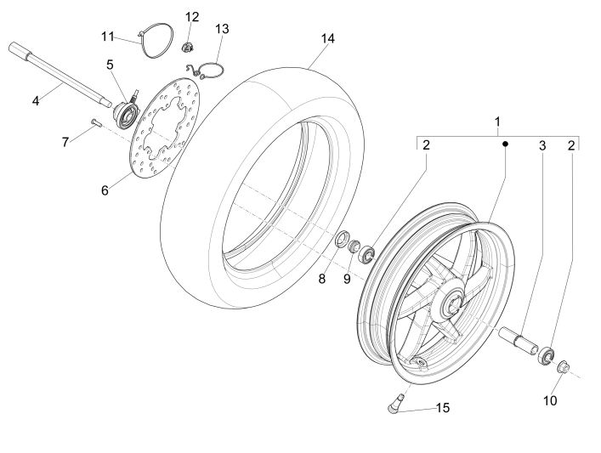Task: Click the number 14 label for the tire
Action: point(328,39)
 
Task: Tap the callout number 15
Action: point(443,408)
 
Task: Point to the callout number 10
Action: point(550,399)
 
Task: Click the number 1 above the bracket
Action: point(498,122)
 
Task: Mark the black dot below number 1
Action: point(504,144)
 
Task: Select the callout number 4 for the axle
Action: point(36,101)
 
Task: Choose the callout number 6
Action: point(105,190)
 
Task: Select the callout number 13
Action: point(222,29)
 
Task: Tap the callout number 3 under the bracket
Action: point(541,145)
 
